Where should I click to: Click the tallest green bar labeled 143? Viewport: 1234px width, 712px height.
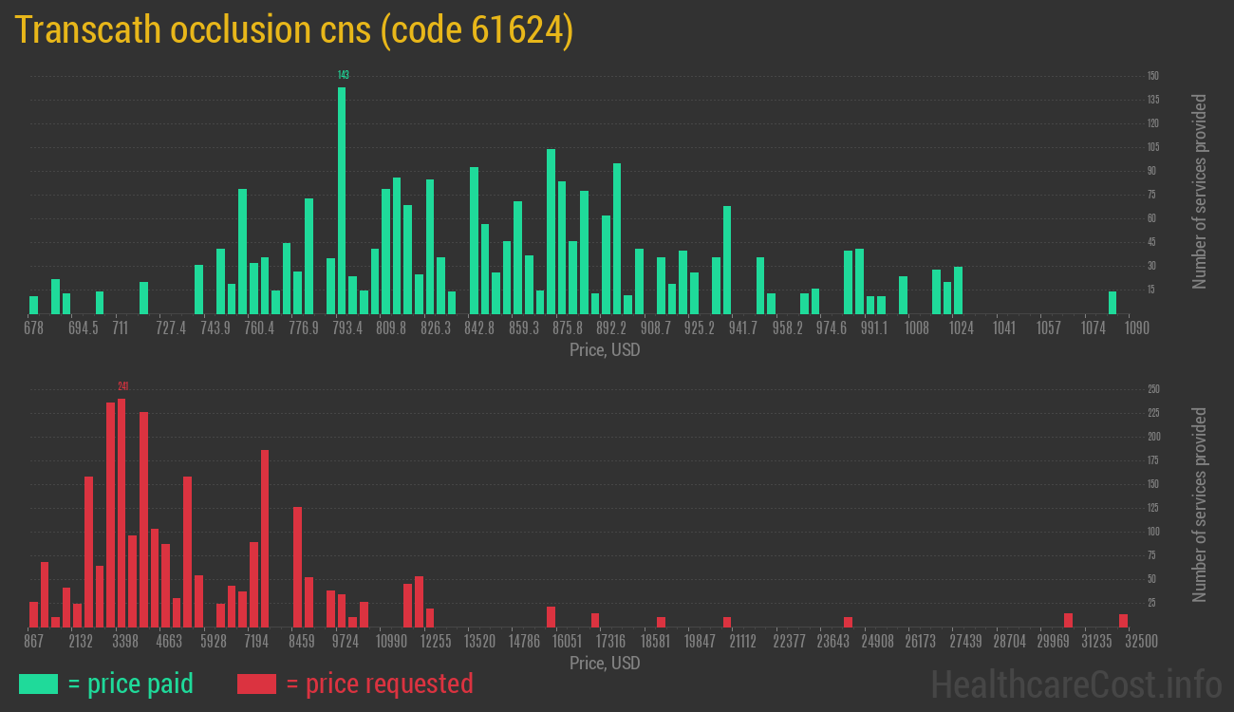tap(342, 199)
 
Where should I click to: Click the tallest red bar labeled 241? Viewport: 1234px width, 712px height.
tap(122, 513)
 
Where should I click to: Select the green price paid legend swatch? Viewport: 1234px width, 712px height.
tap(38, 684)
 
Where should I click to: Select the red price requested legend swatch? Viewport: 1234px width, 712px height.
tap(256, 684)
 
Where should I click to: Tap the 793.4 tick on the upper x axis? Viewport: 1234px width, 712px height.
tap(347, 328)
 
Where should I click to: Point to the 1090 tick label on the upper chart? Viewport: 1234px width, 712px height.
tap(1137, 328)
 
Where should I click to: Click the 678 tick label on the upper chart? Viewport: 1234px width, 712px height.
tap(33, 328)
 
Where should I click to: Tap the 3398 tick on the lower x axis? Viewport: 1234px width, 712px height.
tap(125, 642)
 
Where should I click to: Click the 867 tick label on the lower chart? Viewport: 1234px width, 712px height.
tap(34, 642)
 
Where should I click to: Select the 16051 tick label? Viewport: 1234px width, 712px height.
tap(567, 642)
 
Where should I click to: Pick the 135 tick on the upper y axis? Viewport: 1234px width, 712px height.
tap(1152, 100)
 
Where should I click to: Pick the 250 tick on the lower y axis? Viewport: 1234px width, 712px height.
tap(1153, 389)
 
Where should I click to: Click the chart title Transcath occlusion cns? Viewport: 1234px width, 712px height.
tap(294, 30)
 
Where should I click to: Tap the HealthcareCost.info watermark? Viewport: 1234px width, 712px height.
tap(1075, 684)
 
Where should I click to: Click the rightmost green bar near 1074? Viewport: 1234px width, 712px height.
tap(1112, 302)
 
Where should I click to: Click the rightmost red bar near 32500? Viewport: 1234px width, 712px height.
tap(1123, 620)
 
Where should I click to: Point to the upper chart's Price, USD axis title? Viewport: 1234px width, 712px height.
tap(605, 350)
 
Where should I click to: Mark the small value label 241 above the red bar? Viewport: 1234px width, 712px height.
tap(122, 386)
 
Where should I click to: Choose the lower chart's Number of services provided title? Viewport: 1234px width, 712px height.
tap(1200, 505)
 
